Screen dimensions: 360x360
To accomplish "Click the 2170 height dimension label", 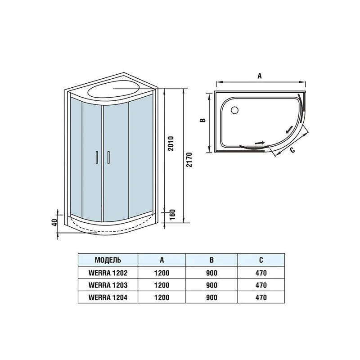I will [189, 159].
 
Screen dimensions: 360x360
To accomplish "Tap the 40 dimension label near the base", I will [54, 222].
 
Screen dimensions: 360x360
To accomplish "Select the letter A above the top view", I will [259, 76].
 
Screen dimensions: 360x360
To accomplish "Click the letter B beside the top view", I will [203, 120].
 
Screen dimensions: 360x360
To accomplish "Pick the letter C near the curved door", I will [292, 150].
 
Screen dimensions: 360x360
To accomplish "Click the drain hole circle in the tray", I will [234, 109].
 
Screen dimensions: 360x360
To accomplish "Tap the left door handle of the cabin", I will [96, 157].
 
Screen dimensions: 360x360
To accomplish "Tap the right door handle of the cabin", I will [109, 157].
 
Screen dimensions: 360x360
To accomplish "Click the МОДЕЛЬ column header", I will [108, 260].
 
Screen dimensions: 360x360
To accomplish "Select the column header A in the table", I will [162, 260].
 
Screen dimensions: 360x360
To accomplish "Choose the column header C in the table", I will [261, 260].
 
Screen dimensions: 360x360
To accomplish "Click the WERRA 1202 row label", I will [108, 272].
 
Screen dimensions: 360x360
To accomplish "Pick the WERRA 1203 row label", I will [108, 285].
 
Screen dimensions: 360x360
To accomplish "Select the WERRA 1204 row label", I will [108, 297].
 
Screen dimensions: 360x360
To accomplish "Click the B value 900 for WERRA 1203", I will [211, 285].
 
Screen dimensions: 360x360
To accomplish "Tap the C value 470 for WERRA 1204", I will [261, 297].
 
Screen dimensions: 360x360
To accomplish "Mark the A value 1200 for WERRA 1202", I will [162, 272].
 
